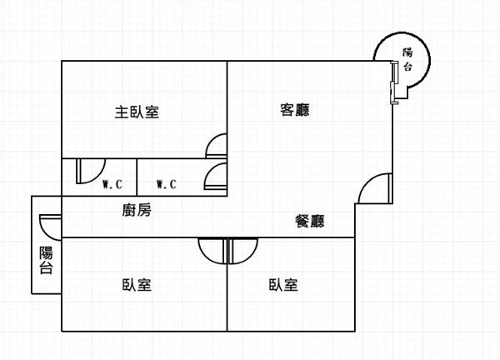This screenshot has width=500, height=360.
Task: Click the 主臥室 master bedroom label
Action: point(137,112)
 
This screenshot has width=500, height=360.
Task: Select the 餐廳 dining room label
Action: point(309,222)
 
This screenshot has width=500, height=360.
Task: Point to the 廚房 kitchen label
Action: point(136,211)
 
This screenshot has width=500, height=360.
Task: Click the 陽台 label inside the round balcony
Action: point(407,59)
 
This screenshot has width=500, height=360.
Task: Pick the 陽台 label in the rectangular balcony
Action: point(46,260)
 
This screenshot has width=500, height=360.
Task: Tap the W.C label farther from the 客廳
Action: point(112,184)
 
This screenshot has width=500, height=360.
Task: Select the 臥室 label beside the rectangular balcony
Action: point(136,285)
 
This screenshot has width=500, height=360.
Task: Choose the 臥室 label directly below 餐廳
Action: point(283,285)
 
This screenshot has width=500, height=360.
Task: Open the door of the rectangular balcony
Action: point(48,226)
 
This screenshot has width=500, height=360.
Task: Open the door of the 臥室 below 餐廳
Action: point(242,250)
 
